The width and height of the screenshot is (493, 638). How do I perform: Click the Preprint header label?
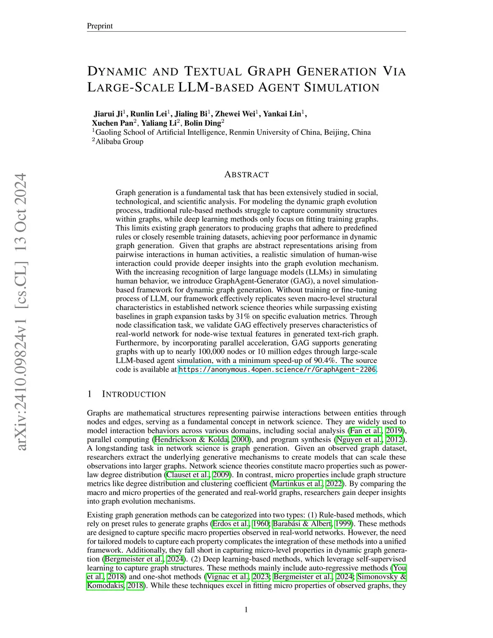(x=99, y=26)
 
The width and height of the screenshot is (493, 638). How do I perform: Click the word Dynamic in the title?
(x=117, y=72)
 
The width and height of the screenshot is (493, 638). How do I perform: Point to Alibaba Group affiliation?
(x=119, y=142)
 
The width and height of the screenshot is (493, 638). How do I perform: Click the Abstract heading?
(x=246, y=175)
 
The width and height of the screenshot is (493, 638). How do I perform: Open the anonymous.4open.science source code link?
(x=277, y=370)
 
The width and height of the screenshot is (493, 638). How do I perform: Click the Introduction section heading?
(x=133, y=394)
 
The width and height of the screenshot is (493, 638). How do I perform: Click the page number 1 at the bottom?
(x=246, y=610)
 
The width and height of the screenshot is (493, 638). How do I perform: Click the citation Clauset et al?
(x=184, y=475)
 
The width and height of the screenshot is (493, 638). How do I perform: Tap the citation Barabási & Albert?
(x=302, y=524)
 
